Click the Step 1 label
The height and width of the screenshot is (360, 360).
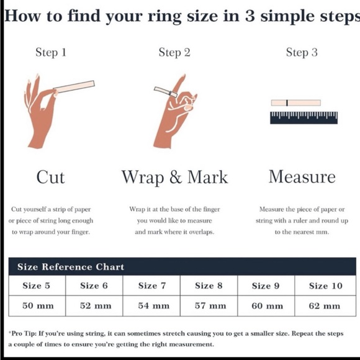tap(51, 52)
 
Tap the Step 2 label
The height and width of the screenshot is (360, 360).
tap(174, 52)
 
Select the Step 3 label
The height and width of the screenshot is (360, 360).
tap(302, 52)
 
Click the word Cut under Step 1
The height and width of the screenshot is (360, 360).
tap(50, 177)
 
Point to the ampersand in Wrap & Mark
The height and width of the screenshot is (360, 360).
tap(176, 177)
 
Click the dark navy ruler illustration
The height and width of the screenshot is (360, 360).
tap(304, 117)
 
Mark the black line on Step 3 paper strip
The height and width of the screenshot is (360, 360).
tap(287, 103)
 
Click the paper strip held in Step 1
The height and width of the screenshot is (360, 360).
tap(74, 86)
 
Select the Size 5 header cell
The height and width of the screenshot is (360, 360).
tap(37, 286)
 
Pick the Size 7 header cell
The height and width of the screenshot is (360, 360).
tap(151, 286)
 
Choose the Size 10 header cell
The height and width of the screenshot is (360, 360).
tap(325, 286)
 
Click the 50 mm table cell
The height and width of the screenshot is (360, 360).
tap(37, 306)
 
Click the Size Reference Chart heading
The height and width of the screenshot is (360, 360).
tap(71, 267)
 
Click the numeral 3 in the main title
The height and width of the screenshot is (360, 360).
tap(250, 16)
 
